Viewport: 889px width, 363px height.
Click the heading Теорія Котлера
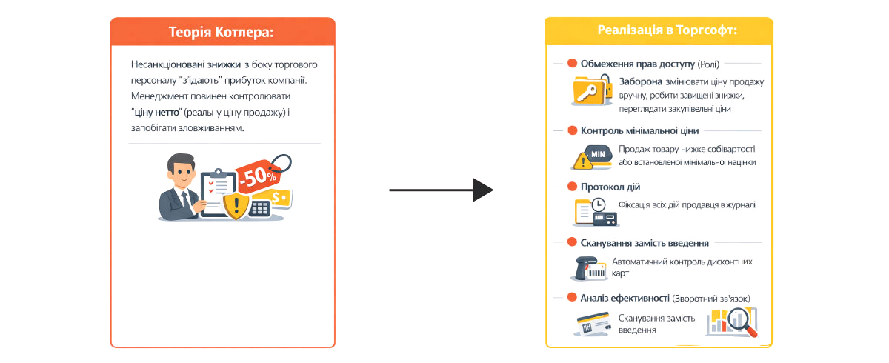pyautogui.click(x=222, y=33)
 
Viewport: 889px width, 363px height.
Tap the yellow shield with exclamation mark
pyautogui.click(x=236, y=204)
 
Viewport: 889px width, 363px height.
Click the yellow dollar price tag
pyautogui.click(x=279, y=198)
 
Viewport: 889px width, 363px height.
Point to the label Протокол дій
pyautogui.click(x=610, y=187)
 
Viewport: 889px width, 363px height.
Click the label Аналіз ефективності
pyautogui.click(x=625, y=298)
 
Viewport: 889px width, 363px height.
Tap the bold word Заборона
pyautogui.click(x=640, y=82)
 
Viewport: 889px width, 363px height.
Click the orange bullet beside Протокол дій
pyautogui.click(x=572, y=187)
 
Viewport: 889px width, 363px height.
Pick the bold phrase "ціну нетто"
pyautogui.click(x=156, y=113)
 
